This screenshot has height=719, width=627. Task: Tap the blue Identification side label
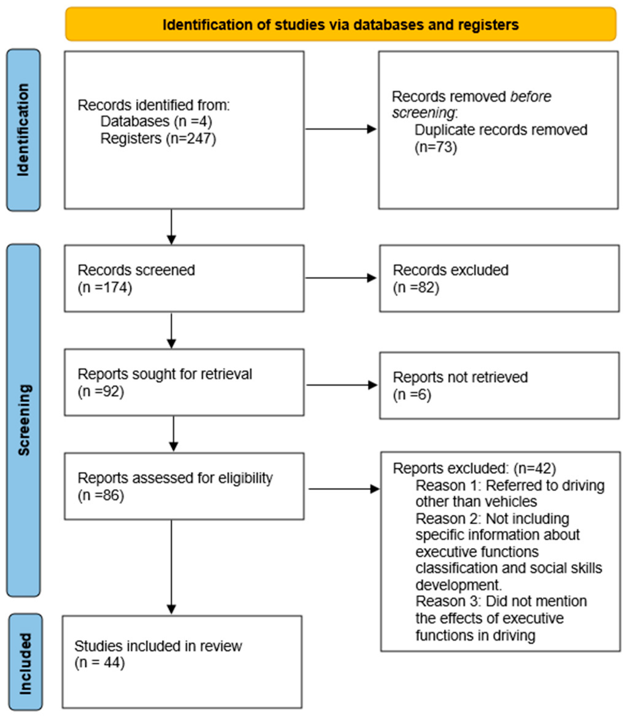(23, 130)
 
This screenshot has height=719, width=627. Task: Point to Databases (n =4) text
(156, 121)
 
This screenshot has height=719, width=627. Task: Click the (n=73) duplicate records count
(436, 147)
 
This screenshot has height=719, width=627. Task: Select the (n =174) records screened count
(105, 287)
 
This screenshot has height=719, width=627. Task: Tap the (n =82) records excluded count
(416, 287)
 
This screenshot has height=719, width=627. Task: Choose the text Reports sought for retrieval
(164, 374)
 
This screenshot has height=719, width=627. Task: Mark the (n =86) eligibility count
(101, 495)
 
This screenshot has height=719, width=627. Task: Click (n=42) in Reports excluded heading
(534, 468)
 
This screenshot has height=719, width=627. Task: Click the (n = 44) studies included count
(99, 662)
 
